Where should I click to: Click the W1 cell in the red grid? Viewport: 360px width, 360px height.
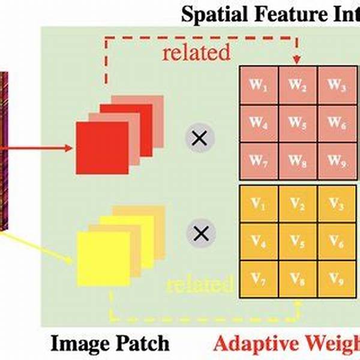pos(258,85)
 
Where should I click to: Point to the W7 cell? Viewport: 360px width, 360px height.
pos(258,160)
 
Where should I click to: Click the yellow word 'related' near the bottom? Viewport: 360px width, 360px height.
pos(199,283)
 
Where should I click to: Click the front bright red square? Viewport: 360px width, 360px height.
pos(101,148)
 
